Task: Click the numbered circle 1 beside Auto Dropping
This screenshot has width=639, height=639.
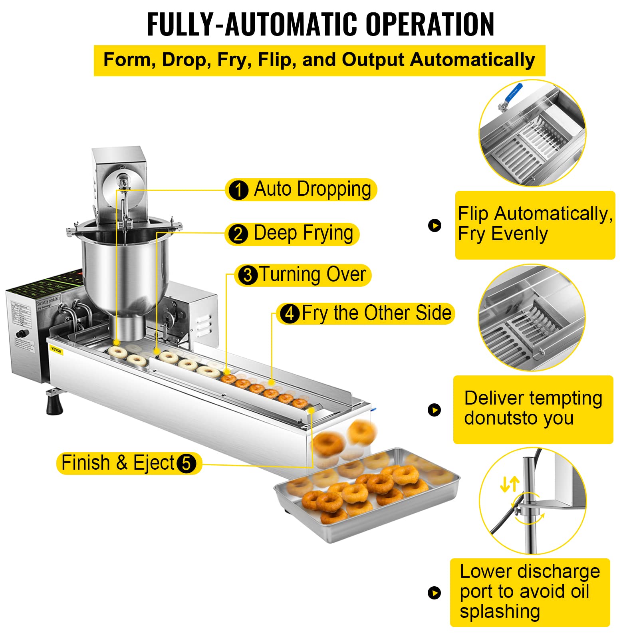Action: tap(238, 190)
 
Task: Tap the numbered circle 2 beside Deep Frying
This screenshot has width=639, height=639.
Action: tap(238, 234)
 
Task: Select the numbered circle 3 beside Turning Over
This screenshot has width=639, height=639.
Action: tap(248, 275)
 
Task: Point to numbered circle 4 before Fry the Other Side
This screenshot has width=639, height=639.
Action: tap(290, 314)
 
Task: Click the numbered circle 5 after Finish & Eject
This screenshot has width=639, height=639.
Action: tap(186, 464)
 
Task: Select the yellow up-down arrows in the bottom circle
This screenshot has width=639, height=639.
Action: tap(510, 484)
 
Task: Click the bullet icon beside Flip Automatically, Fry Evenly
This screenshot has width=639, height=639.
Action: tap(435, 226)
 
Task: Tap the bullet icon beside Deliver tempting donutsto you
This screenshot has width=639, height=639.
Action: tap(435, 410)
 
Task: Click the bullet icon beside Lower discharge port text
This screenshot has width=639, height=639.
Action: tap(435, 593)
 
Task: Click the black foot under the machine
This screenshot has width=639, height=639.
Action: tap(54, 403)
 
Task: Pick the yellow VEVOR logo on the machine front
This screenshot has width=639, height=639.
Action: tap(56, 351)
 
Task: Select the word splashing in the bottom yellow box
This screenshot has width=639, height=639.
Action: tap(500, 611)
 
